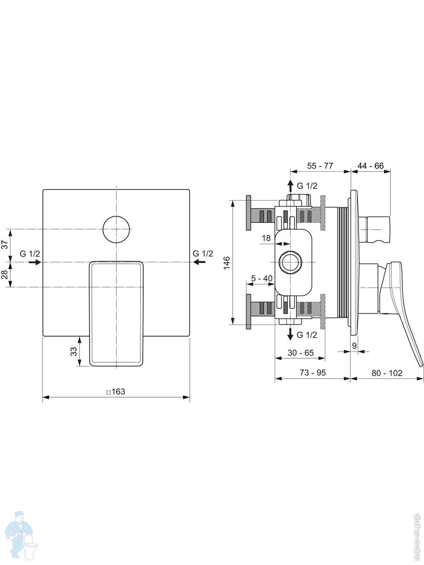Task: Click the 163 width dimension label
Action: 116,392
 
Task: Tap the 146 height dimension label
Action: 227,263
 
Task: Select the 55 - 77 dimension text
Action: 320,166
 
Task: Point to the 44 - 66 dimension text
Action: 370,166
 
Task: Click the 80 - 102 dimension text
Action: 387,373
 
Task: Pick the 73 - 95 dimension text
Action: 313,372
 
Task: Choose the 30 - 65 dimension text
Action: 301,353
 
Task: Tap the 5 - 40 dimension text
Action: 261,278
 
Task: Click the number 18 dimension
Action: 266,238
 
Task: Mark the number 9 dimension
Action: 354,346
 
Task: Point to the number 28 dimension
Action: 5,274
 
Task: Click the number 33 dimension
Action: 73,352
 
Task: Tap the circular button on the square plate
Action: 116,229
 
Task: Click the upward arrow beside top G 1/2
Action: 290,186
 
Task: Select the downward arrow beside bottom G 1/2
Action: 290,334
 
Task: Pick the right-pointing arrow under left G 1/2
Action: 35,262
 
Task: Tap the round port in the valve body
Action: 291,262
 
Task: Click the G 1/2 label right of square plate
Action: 203,253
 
